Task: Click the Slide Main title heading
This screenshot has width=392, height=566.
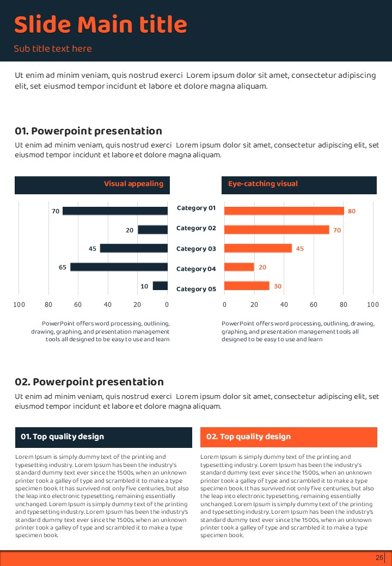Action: pyautogui.click(x=100, y=25)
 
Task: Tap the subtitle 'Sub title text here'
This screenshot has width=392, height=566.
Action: pyautogui.click(x=53, y=49)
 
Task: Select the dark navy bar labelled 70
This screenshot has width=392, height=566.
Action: pyautogui.click(x=115, y=211)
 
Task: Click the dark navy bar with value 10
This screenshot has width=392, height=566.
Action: pyautogui.click(x=160, y=286)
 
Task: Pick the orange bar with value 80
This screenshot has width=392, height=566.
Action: pyautogui.click(x=284, y=211)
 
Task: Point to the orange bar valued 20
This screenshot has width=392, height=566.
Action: pyautogui.click(x=239, y=267)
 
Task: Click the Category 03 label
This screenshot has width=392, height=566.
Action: pyautogui.click(x=196, y=249)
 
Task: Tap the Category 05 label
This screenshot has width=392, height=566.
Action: pyautogui.click(x=196, y=289)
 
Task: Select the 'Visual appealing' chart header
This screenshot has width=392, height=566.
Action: pyautogui.click(x=133, y=184)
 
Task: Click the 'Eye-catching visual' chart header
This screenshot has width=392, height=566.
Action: pyautogui.click(x=263, y=184)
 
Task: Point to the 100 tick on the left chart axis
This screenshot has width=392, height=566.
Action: pyautogui.click(x=19, y=304)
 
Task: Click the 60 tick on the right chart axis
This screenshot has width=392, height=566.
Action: pyautogui.click(x=314, y=304)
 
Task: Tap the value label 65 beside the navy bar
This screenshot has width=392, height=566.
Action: pyautogui.click(x=63, y=267)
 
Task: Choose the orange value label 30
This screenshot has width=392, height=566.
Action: pyautogui.click(x=277, y=286)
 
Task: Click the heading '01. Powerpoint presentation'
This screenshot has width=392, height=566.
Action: pyautogui.click(x=88, y=131)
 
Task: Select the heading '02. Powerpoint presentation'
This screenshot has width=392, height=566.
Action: pyautogui.click(x=89, y=382)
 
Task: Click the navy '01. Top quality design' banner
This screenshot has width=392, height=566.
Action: pyautogui.click(x=103, y=437)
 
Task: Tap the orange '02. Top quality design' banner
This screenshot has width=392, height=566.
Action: pyautogui.click(x=289, y=437)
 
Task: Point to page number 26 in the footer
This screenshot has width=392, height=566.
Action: pyautogui.click(x=379, y=558)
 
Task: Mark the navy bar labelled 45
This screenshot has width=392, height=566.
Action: pyautogui.click(x=133, y=249)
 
